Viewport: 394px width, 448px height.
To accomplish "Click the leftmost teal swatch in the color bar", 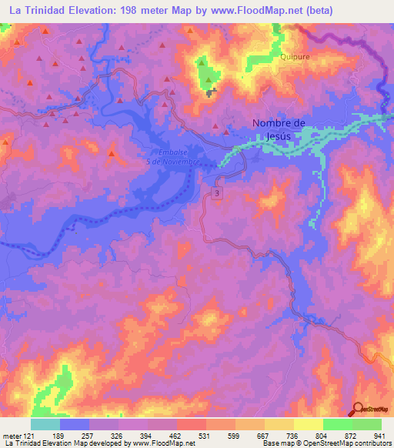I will tap(45, 424).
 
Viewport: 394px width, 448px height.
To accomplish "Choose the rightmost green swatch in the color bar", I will tap(367, 424).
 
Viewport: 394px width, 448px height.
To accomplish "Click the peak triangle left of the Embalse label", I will tap(112, 155).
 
